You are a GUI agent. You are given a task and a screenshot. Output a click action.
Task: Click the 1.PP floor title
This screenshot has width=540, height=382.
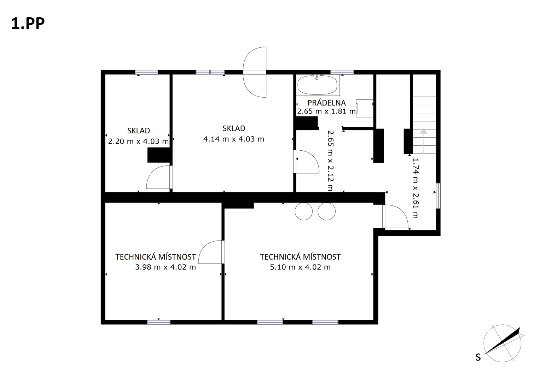(x=28, y=24)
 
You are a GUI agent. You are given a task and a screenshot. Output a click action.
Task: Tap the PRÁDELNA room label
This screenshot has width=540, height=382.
(x=327, y=103)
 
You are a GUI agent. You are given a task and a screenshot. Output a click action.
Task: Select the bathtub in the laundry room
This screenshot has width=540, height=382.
(x=317, y=85)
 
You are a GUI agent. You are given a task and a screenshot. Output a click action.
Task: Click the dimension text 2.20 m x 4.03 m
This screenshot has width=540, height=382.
(x=138, y=141)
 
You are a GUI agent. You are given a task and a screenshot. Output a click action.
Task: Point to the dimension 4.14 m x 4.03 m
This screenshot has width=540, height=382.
(x=234, y=139)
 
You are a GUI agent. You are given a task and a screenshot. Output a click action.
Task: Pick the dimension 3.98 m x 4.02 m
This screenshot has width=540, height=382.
(x=166, y=267)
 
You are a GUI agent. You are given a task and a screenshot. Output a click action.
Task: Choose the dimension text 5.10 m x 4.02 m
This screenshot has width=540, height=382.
(x=300, y=267)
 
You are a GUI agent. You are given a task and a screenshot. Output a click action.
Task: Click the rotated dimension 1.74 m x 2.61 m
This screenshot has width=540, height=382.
(x=416, y=188)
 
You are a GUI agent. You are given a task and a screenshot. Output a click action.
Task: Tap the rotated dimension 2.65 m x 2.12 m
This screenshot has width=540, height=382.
(x=330, y=161)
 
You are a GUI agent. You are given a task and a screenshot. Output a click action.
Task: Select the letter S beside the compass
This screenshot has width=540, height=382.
(x=478, y=357)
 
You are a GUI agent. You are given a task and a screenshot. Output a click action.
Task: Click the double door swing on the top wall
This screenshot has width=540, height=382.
(x=255, y=72)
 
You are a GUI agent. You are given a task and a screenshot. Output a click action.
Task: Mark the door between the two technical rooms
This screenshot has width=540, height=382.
(x=211, y=252)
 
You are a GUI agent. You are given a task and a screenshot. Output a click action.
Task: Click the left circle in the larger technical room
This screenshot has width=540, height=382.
(x=303, y=211)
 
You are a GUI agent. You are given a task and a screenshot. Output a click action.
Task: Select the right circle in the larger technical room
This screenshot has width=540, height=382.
(x=327, y=211)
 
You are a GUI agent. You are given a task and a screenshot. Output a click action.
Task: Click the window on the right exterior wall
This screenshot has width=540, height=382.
(x=438, y=196)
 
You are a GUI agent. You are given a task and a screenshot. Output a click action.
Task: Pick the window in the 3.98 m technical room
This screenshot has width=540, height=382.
(x=159, y=322)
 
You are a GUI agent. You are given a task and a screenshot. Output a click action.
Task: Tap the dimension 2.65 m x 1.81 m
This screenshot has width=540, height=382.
(x=326, y=111)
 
